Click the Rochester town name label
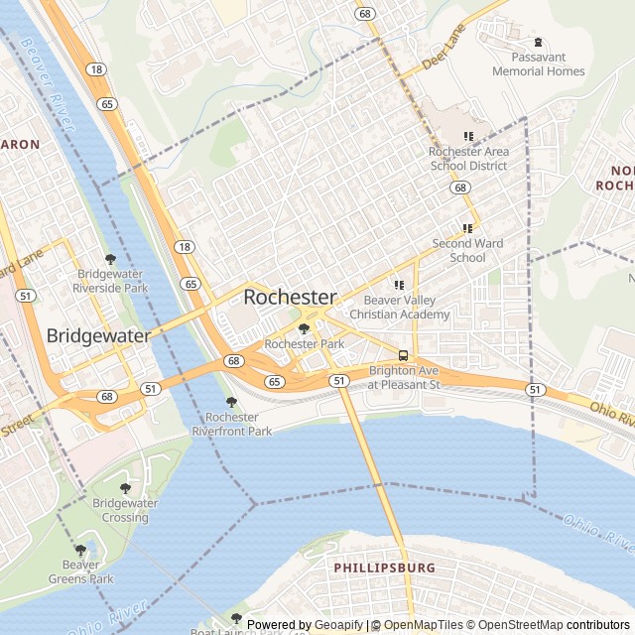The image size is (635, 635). pyautogui.click(x=290, y=297)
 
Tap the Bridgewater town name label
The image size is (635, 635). pyautogui.click(x=98, y=335)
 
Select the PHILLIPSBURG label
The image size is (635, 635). pyautogui.click(x=384, y=568)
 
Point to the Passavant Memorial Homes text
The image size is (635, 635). pyautogui.click(x=539, y=64)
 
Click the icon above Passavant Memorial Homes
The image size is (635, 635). pyautogui.click(x=539, y=43)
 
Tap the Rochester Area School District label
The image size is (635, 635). pyautogui.click(x=469, y=159)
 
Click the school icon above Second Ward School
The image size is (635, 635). pyautogui.click(x=468, y=228)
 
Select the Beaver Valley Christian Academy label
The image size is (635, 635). pyautogui.click(x=407, y=308)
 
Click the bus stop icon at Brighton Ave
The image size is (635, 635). pyautogui.click(x=403, y=355)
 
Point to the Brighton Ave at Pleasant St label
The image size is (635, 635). pyautogui.click(x=404, y=377)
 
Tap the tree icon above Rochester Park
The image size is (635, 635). pyautogui.click(x=305, y=328)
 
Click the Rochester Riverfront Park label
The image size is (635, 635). pyautogui.click(x=232, y=425)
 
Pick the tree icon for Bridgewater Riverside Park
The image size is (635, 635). pyautogui.click(x=110, y=259)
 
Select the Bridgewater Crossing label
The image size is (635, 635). pyautogui.click(x=125, y=510)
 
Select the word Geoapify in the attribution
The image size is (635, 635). pyautogui.click(x=339, y=625)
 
